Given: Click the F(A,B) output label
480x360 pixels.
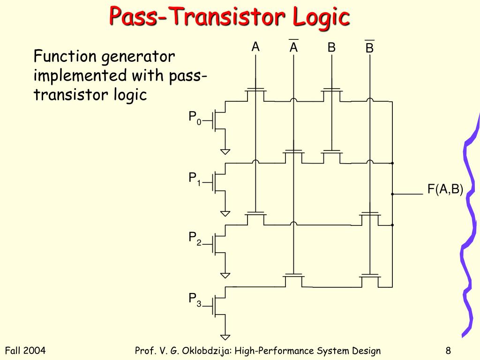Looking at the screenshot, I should pos(445,189).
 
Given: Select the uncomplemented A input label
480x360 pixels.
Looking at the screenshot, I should pos(255,47).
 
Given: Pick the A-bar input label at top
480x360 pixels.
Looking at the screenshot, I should pos(294,47).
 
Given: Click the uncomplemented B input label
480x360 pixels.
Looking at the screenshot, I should pos(331,47).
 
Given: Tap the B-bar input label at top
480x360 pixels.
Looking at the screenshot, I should pos(369,48).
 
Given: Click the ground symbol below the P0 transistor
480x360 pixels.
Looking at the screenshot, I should pos(225,151).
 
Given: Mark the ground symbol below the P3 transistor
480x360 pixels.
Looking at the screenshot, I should pos(225,336).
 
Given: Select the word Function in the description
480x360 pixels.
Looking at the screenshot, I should pos(65,57).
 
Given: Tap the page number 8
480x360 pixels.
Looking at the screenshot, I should pos(449,351).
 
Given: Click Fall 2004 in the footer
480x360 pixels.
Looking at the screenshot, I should pos(25,351).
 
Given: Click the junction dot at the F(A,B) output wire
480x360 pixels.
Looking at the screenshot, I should pos(392,194).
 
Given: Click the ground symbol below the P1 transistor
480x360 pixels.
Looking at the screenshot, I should pos(225,213).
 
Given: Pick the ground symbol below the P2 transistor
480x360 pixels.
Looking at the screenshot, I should pos(225,275).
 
